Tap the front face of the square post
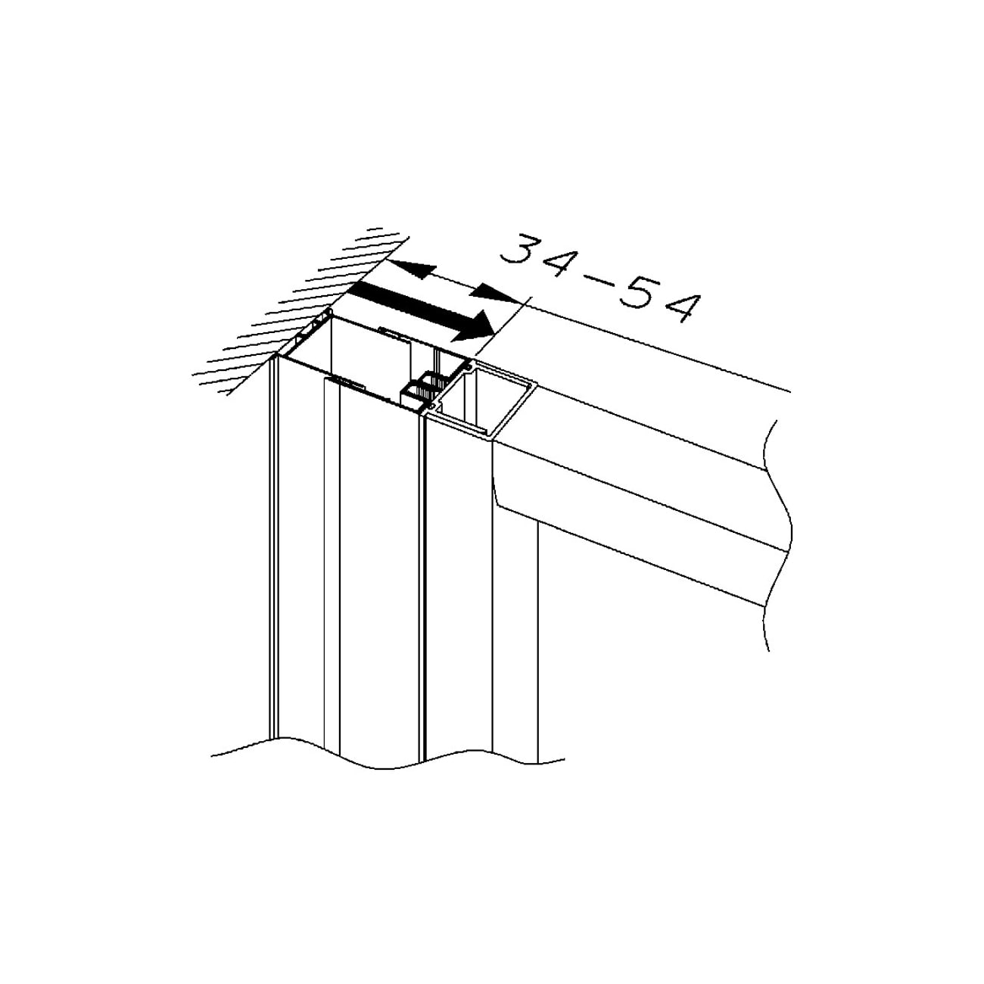[458, 582]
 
